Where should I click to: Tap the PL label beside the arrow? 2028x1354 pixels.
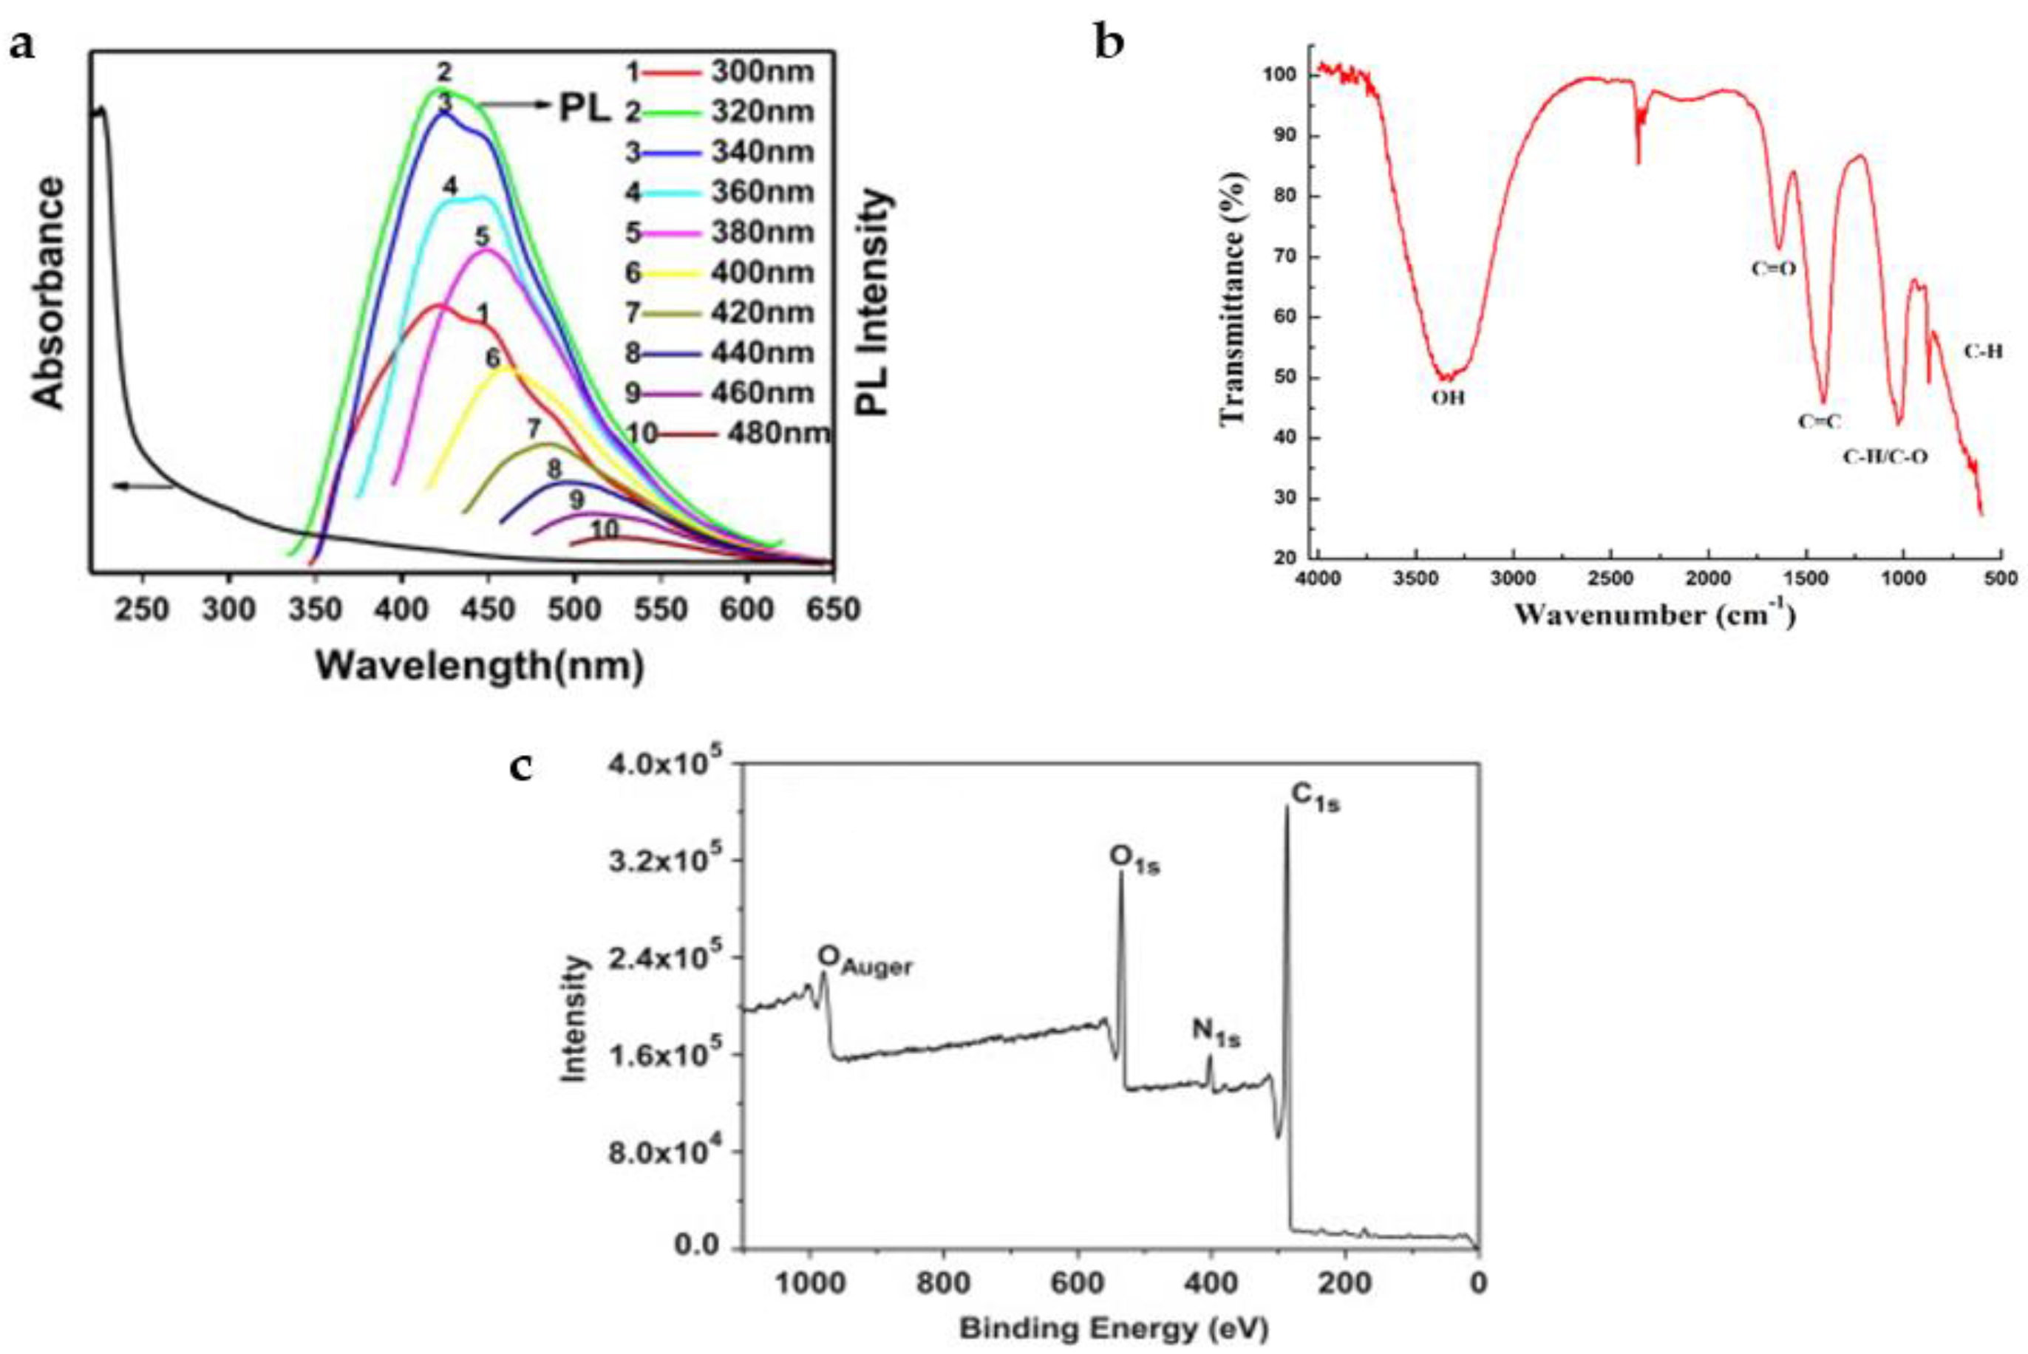pos(585,109)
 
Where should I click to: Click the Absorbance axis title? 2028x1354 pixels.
pos(50,293)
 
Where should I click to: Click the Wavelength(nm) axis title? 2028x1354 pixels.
pos(480,666)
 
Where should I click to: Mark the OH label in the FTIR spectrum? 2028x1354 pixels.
pos(1449,399)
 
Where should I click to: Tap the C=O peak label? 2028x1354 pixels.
pos(1773,269)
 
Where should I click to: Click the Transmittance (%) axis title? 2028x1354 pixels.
pos(1233,298)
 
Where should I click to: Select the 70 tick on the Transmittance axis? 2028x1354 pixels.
pos(1286,257)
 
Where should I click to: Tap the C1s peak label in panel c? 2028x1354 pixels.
pos(1316,797)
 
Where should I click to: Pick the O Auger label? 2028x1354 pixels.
pos(865,960)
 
